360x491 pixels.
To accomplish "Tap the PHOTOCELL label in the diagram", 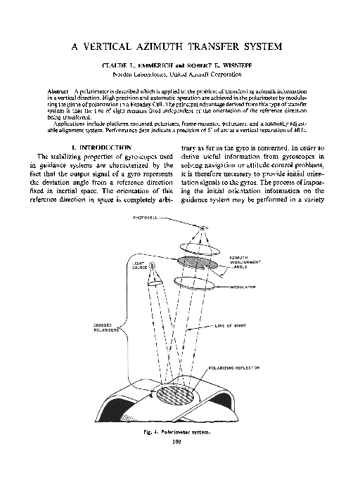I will coord(146,219).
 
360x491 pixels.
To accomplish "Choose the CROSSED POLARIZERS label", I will coord(106,327).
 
